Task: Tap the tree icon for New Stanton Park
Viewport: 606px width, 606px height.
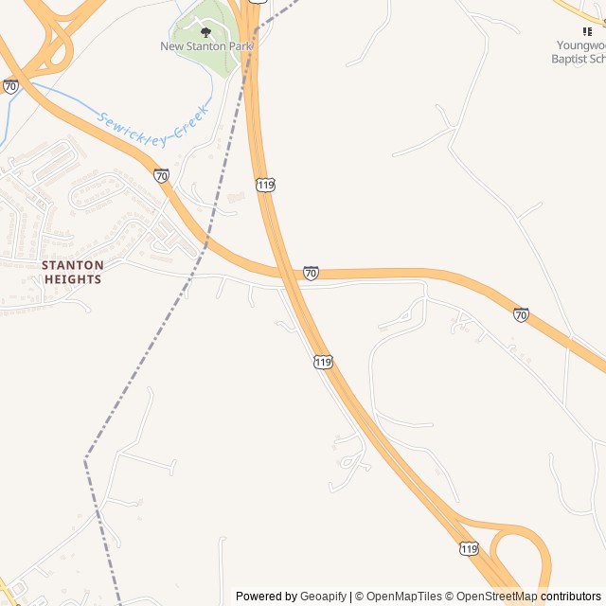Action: (x=206, y=32)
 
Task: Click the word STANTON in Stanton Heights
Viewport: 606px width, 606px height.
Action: (x=71, y=266)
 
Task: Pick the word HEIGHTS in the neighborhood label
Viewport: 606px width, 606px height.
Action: (x=71, y=279)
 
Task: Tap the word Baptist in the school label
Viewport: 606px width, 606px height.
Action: (x=570, y=59)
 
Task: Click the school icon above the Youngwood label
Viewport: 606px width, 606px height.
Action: (x=587, y=31)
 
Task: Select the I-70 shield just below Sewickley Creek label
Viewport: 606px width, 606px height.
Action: (x=162, y=175)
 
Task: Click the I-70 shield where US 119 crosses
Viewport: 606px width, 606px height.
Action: (x=311, y=273)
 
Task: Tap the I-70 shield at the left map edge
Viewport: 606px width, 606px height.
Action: (x=10, y=86)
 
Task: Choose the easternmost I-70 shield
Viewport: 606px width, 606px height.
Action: (x=521, y=313)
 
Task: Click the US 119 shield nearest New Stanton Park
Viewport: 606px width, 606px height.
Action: (x=265, y=184)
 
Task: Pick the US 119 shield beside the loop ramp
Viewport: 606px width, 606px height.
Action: (x=469, y=548)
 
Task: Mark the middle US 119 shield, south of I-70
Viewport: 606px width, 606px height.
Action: (x=323, y=362)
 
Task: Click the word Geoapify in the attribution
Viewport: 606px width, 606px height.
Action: (x=323, y=597)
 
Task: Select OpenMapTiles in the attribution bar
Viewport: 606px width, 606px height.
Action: (x=404, y=597)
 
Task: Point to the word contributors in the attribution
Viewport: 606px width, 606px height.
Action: (x=571, y=597)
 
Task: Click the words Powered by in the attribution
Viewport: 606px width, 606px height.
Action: (x=266, y=597)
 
